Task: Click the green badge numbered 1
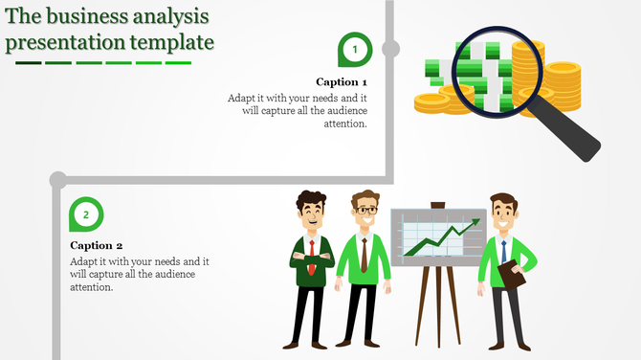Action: (x=355, y=48)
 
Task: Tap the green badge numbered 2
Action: (x=86, y=214)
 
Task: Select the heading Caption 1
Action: (x=342, y=82)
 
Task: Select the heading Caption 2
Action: (x=97, y=245)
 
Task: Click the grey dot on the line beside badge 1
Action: (x=390, y=48)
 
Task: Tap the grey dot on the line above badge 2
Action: (x=57, y=178)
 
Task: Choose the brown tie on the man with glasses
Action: (x=364, y=254)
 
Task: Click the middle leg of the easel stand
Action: (x=438, y=306)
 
